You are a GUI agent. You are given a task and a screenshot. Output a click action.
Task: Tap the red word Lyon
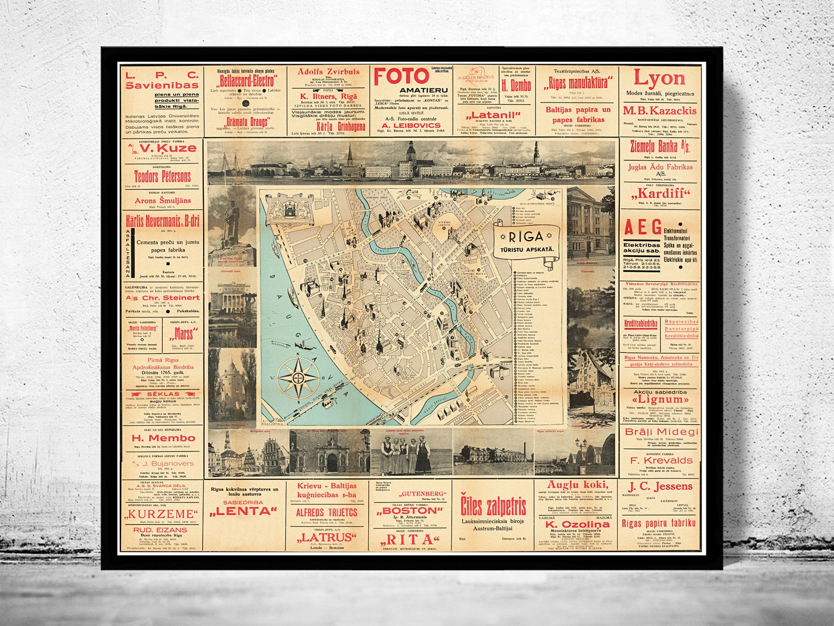(x=659, y=78)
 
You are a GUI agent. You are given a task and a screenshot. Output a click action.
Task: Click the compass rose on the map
(x=298, y=378)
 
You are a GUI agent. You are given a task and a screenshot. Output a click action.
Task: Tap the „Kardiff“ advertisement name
(x=660, y=193)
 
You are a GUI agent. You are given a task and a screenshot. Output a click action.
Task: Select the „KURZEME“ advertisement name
(x=161, y=514)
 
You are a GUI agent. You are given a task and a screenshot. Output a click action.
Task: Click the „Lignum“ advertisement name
(x=660, y=399)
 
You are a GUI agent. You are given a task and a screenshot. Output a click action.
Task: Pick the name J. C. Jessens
(x=660, y=486)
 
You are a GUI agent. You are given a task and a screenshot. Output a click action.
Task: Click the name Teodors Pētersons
(x=162, y=176)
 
